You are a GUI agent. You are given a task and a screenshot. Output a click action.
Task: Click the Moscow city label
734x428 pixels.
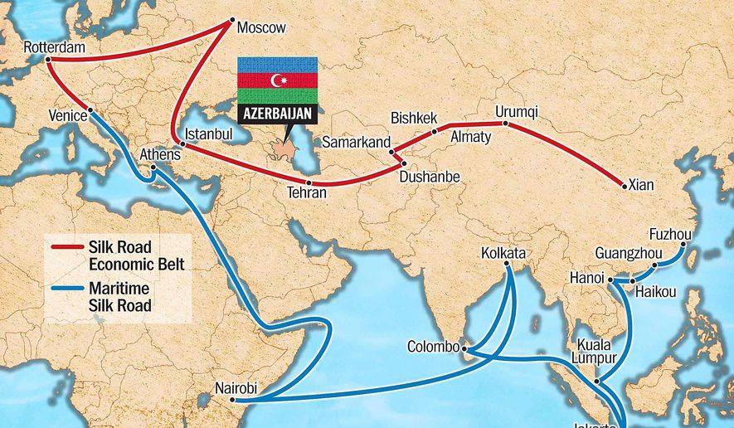pyautogui.click(x=261, y=28)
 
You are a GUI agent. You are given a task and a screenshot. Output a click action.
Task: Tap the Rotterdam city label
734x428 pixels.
pyautogui.click(x=54, y=47)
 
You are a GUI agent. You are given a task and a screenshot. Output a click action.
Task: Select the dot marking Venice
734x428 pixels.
pyautogui.click(x=90, y=112)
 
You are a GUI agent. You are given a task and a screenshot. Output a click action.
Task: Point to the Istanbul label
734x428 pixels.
pyautogui.click(x=209, y=134)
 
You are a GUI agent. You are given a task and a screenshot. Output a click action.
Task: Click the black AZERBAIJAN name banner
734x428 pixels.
pyautogui.click(x=278, y=114)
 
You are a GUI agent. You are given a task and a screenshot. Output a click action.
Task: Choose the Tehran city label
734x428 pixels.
pyautogui.click(x=306, y=192)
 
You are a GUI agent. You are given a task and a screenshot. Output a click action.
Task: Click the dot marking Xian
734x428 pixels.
pyautogui.click(x=624, y=186)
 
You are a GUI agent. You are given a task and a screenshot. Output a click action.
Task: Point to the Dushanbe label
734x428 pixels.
pyautogui.click(x=429, y=177)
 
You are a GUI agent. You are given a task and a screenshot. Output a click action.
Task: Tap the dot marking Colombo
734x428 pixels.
pyautogui.click(x=464, y=348)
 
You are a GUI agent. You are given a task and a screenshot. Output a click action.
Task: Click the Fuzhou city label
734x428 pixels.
pyautogui.click(x=670, y=235)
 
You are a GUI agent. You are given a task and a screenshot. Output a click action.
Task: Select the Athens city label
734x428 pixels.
pyautogui.click(x=160, y=153)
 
